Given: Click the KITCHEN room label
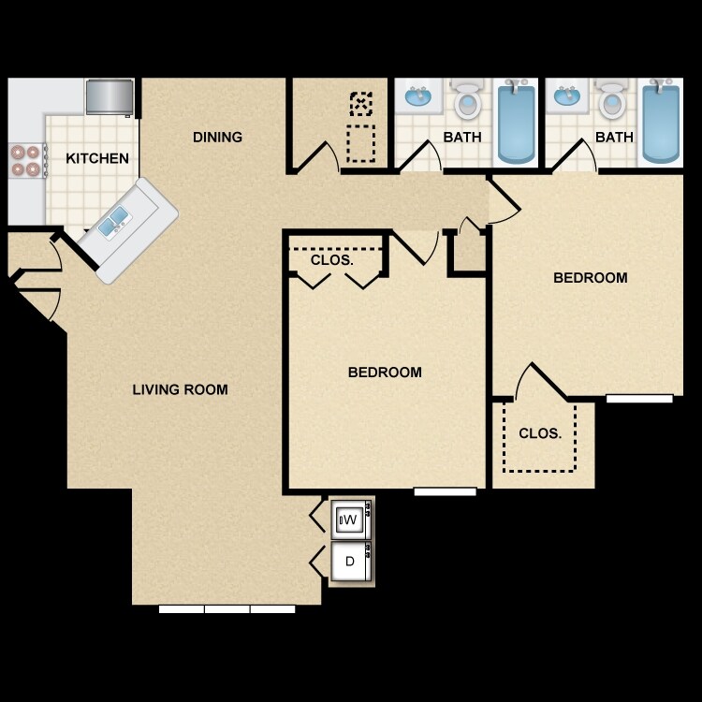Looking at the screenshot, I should [x=97, y=158].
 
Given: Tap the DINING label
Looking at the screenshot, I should [x=217, y=137].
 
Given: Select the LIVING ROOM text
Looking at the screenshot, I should [x=180, y=389].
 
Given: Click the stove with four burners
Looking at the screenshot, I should [x=26, y=161].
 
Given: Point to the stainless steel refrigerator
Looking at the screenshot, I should [x=110, y=96].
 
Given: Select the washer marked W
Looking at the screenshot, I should [x=350, y=519].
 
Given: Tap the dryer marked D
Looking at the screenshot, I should [x=350, y=563].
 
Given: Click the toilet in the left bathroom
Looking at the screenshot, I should [x=466, y=99].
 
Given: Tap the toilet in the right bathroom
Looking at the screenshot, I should [x=612, y=99].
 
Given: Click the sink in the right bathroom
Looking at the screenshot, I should [x=566, y=95].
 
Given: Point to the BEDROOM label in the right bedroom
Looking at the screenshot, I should [x=590, y=277].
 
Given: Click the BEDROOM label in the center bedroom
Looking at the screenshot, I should [x=385, y=372].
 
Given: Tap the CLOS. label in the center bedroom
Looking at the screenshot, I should [x=332, y=259].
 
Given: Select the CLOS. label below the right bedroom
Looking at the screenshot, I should [x=540, y=433].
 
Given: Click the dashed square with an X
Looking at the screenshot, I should [x=360, y=102].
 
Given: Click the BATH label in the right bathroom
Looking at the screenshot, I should [x=614, y=137].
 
